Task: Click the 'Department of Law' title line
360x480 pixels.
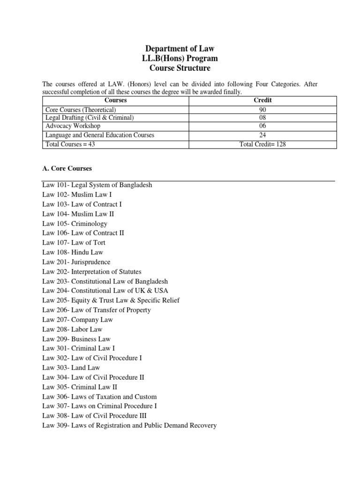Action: coord(180,49)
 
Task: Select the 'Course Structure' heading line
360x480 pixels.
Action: coord(180,68)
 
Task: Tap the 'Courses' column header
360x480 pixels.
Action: coord(116,100)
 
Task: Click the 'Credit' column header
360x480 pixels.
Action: coord(262,100)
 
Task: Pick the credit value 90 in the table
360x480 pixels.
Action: coord(262,109)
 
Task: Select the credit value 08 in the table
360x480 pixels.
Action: coord(262,118)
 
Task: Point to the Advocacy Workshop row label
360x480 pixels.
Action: coord(73,126)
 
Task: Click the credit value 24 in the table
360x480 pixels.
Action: coord(262,135)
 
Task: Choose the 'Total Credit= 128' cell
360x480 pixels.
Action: coord(262,144)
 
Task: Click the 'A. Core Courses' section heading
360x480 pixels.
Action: coord(67,168)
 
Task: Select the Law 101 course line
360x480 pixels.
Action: coord(97,185)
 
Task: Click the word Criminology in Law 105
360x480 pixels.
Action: coord(89,224)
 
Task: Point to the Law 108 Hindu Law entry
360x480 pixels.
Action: coord(73,252)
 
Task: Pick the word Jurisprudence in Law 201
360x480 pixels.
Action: coord(91,262)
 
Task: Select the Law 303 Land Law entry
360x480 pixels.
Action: coord(71,368)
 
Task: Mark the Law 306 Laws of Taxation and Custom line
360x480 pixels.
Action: coord(99,397)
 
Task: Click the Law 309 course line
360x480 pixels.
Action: coord(129,426)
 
